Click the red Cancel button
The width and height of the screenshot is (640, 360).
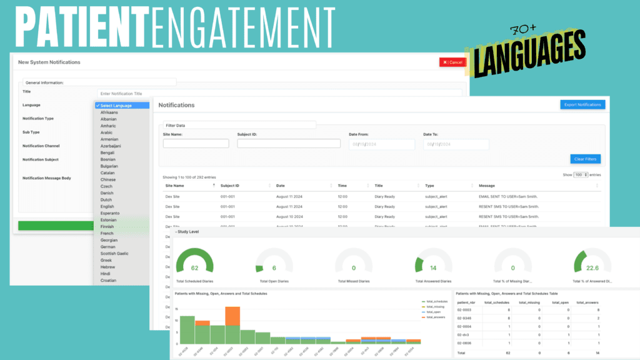point(452,62)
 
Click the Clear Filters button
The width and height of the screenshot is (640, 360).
point(586,159)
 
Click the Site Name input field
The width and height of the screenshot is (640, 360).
point(196,144)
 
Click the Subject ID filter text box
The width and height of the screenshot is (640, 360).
point(289,144)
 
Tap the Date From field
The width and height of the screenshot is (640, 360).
point(382,144)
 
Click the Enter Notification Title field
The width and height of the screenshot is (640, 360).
point(275,93)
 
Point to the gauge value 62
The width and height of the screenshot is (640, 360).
point(195,267)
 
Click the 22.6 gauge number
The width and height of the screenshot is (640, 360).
point(592,268)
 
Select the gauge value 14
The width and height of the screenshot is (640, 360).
point(433,267)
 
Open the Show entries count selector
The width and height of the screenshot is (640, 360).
point(581,175)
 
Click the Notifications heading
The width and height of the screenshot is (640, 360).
point(176,105)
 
